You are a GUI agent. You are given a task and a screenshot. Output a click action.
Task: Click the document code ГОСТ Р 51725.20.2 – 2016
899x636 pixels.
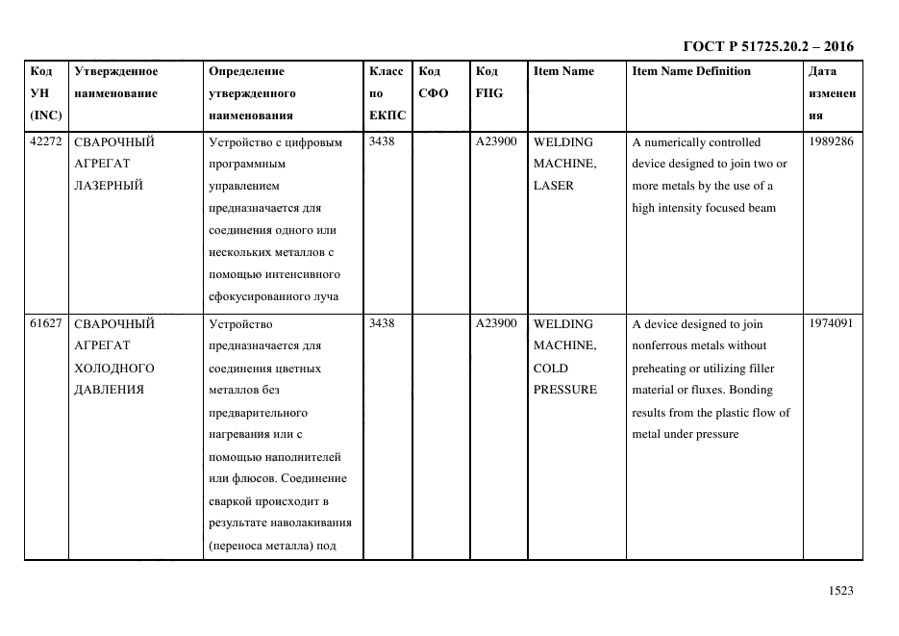pos(767,46)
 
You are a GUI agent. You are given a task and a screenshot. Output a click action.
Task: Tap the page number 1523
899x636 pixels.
pos(840,591)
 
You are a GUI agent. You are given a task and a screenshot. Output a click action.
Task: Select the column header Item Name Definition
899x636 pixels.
pos(691,71)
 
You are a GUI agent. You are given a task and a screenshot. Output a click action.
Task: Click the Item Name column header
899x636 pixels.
pos(563,71)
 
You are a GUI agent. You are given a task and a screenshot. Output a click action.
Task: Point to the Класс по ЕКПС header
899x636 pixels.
pos(387,93)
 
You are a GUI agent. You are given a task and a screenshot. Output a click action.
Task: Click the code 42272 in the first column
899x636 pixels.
pos(45,141)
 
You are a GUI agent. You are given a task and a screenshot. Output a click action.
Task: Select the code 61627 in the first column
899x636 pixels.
pos(45,323)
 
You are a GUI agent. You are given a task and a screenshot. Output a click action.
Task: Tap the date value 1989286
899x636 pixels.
pos(832,141)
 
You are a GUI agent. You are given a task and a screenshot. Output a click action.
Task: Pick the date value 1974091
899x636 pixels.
pos(832,323)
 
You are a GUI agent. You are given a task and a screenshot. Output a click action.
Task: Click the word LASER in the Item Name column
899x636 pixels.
pos(553,186)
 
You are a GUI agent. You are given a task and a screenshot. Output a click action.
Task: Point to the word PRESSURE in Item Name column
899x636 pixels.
pos(564,390)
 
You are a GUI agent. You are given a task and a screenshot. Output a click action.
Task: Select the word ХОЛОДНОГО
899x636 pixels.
pos(113,368)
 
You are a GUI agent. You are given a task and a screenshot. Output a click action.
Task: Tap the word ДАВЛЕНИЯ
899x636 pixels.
pos(109,390)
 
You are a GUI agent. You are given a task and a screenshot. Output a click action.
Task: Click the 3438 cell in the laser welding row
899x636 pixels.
pos(382,141)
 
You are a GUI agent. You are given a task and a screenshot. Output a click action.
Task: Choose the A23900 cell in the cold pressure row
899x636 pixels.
pos(496,323)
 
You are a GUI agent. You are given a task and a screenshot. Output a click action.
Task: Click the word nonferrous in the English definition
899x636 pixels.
pos(663,345)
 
